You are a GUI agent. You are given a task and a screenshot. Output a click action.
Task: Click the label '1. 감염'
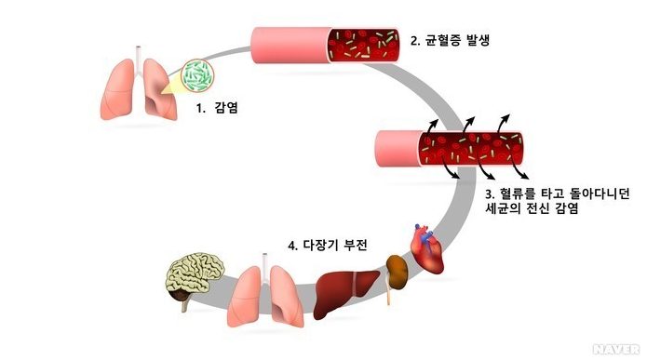pyautogui.click(x=216, y=108)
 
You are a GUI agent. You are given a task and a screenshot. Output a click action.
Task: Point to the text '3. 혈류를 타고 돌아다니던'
pyautogui.click(x=558, y=193)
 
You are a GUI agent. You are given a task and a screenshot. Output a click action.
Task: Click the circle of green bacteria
pyautogui.click(x=197, y=76)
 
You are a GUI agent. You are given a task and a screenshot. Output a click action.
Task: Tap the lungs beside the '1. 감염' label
pyautogui.click(x=137, y=88)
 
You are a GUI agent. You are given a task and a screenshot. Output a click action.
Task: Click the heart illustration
pyautogui.click(x=432, y=249)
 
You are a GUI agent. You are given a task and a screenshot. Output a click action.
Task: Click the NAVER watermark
pyautogui.click(x=617, y=350)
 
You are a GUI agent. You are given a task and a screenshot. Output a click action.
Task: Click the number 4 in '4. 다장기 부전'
pyautogui.click(x=293, y=246)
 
